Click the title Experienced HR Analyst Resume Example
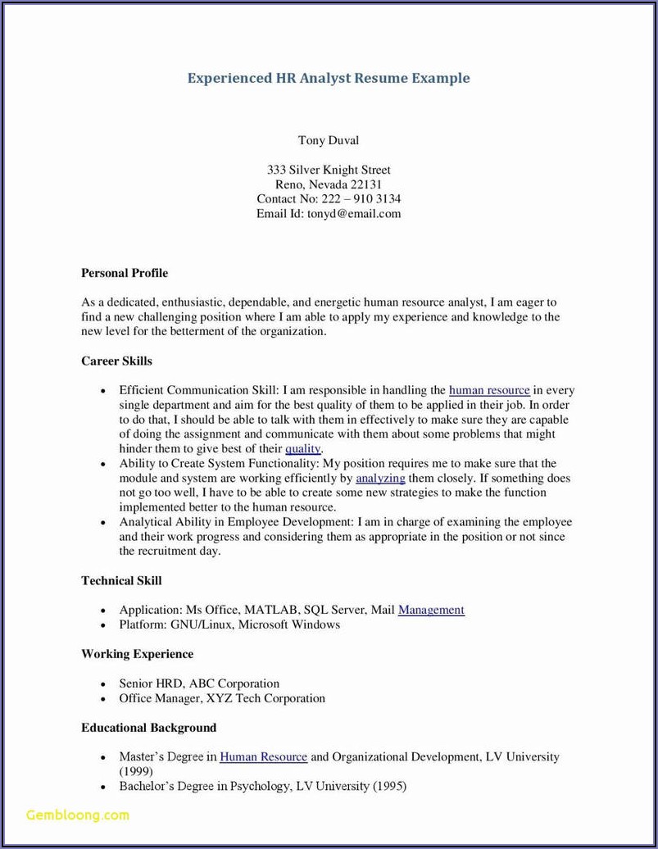click(x=329, y=79)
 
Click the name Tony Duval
click(x=329, y=140)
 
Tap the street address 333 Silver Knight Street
click(x=329, y=170)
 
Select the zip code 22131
click(x=366, y=184)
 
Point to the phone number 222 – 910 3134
click(x=361, y=199)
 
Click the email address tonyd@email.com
click(x=354, y=214)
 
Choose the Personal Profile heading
click(x=125, y=273)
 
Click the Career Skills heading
click(x=116, y=361)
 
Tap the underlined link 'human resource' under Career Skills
click(x=489, y=390)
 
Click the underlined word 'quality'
click(x=302, y=449)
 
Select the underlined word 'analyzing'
click(x=380, y=478)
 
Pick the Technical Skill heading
click(x=121, y=580)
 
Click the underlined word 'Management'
click(x=431, y=610)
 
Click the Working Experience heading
click(x=137, y=654)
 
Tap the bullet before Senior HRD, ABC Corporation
click(x=103, y=684)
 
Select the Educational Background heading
click(x=148, y=728)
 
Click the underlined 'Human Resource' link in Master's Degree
click(x=263, y=757)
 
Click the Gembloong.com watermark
click(x=78, y=815)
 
